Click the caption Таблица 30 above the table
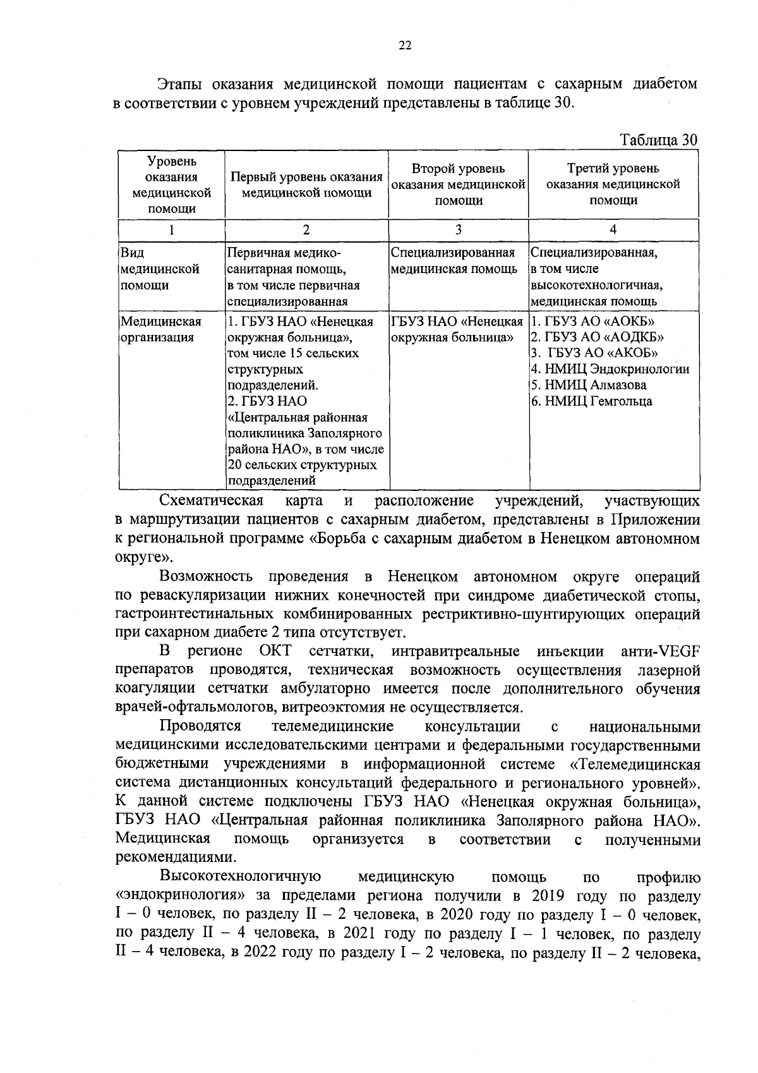coord(659,140)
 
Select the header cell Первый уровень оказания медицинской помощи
coord(306,185)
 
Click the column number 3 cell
coord(458,229)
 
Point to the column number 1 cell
coord(171,229)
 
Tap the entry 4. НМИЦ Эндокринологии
coord(610,369)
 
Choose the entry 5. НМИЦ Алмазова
coord(588,385)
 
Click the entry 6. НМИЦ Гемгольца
coord(591,401)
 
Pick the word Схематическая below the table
coord(211,502)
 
